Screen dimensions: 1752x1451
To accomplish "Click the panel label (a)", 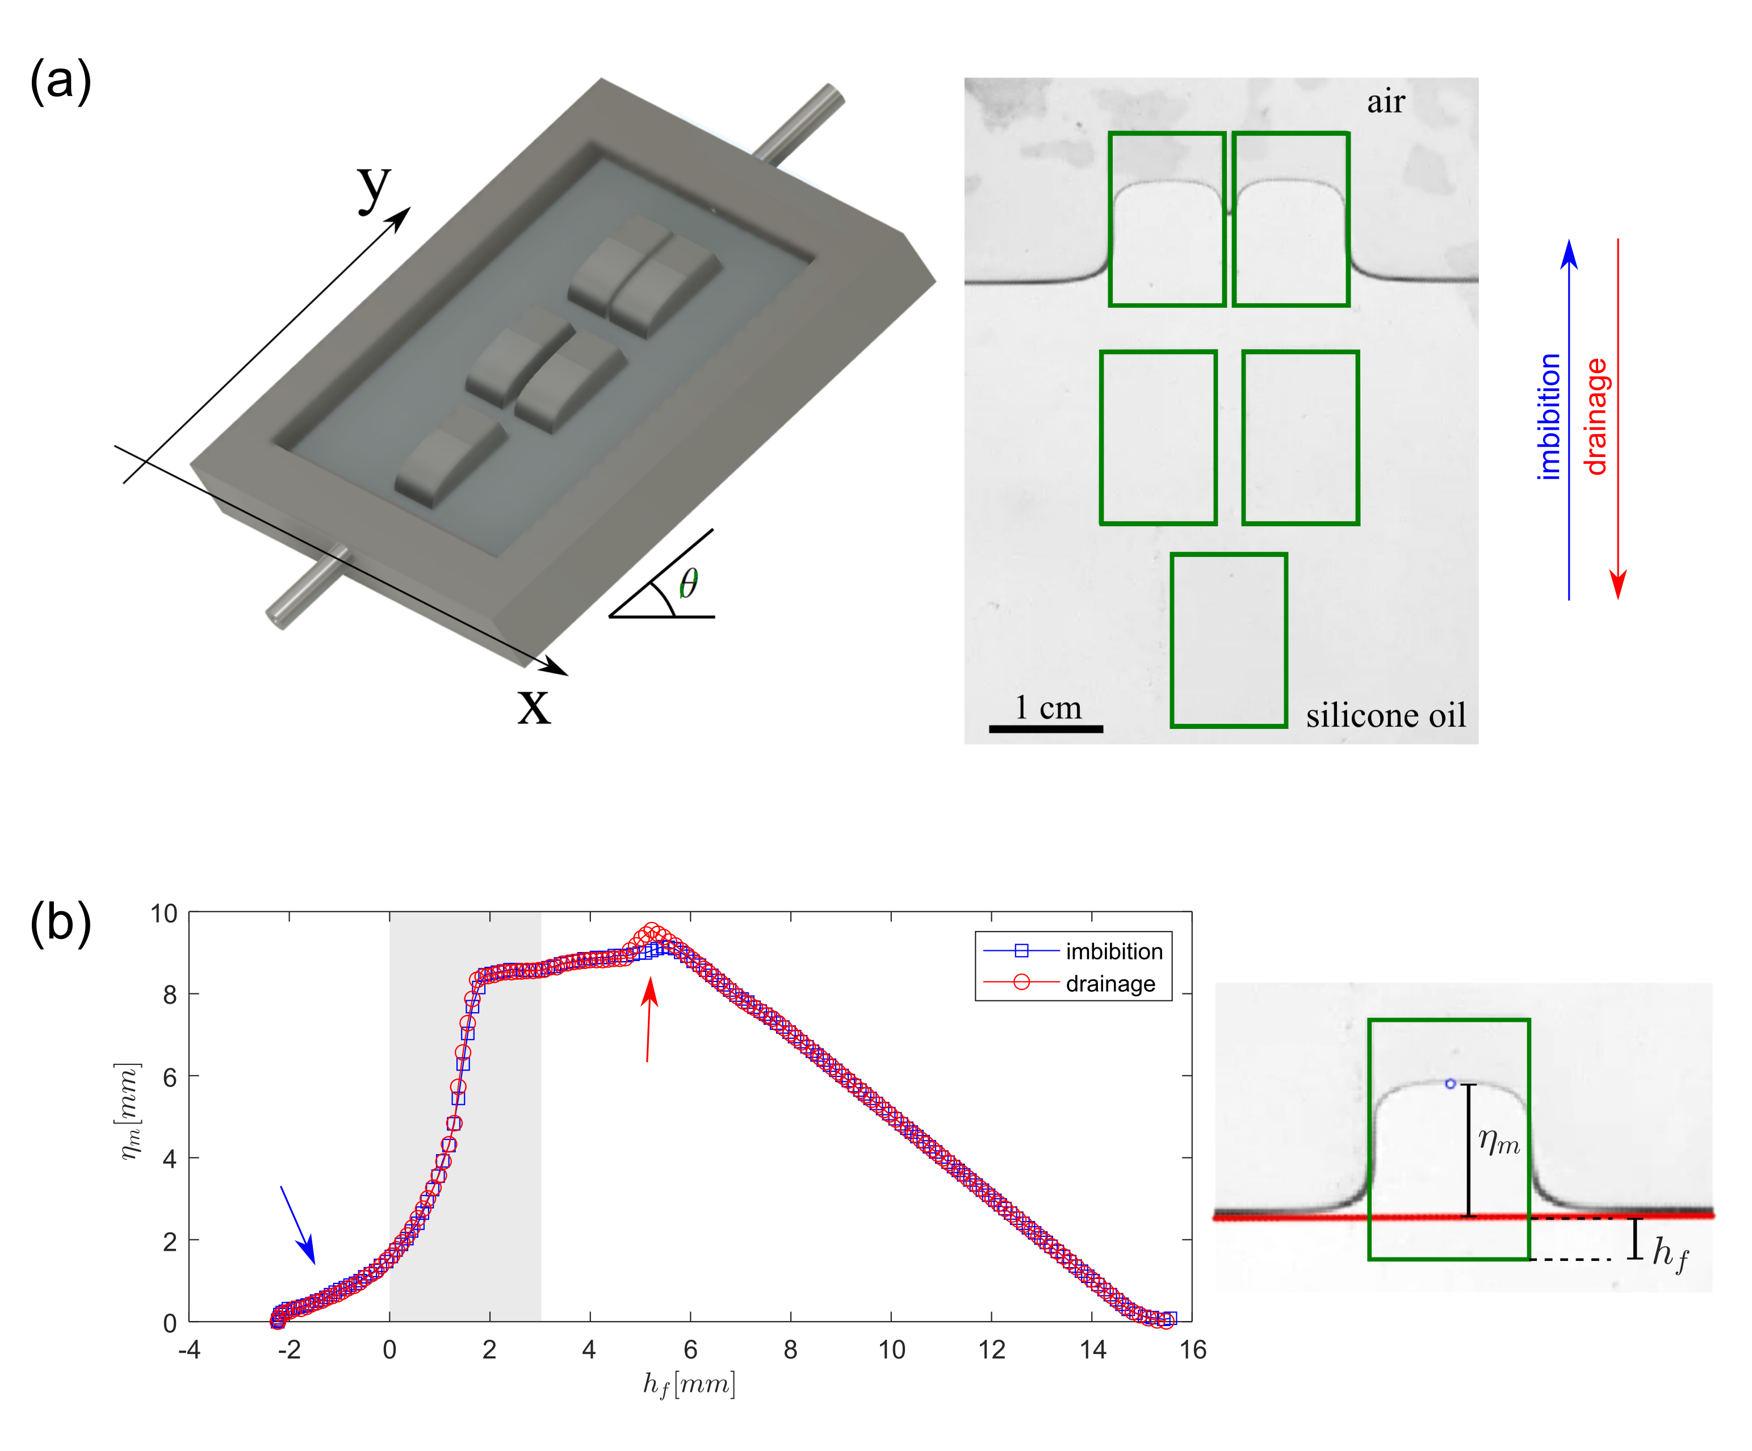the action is [60, 82].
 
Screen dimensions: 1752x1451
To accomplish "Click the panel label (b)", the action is [60, 925].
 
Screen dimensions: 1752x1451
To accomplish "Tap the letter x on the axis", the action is [534, 707].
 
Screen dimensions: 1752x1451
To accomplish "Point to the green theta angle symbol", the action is [688, 582].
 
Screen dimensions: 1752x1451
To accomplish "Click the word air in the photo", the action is [1386, 102].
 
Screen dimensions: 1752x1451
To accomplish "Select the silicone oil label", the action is [1386, 715].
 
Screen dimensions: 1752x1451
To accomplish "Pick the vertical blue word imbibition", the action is [1549, 416].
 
